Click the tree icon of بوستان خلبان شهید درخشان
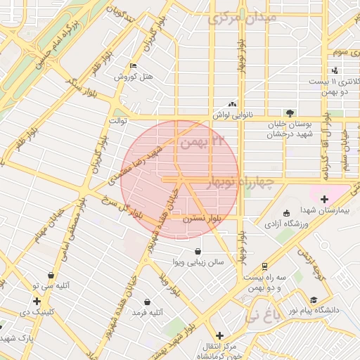coord(290,112)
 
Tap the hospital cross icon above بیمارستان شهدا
coord(324,199)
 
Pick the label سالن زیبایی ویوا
coord(199,262)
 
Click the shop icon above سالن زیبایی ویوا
coord(199,251)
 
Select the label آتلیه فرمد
coord(148,311)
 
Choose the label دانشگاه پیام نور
coord(328,310)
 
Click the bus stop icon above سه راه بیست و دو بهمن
coord(264,267)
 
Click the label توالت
coord(116,121)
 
